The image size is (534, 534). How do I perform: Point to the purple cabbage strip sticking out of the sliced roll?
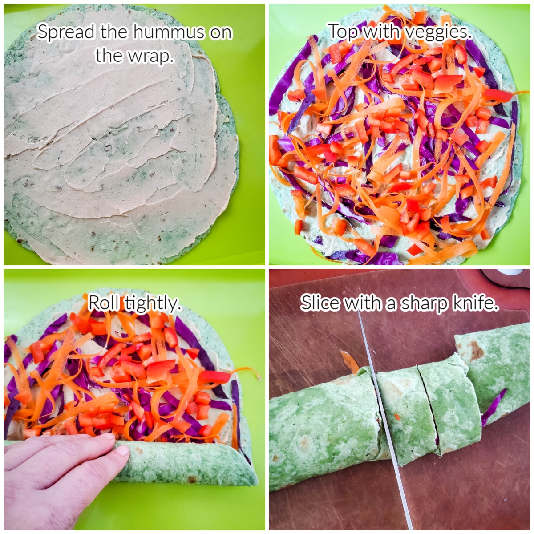tap(494, 406)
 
